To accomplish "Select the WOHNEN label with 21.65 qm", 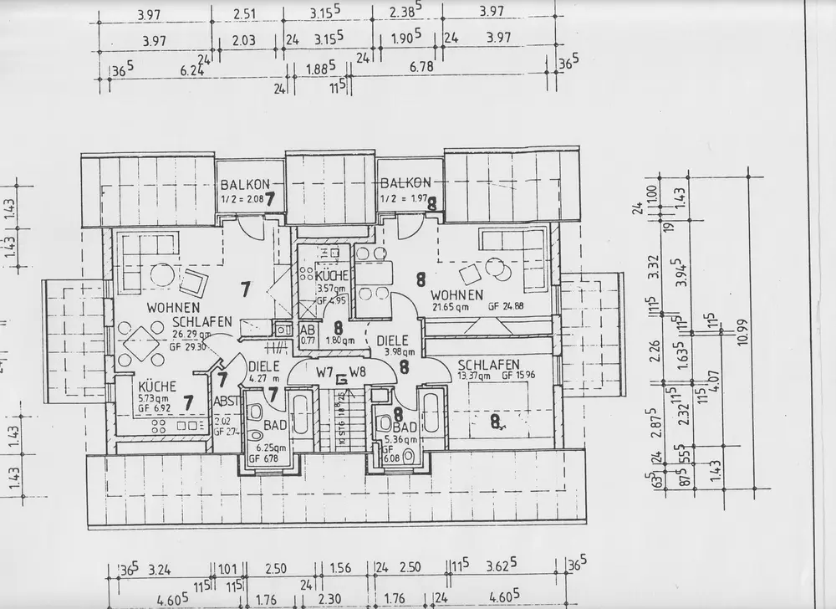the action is click(x=456, y=295).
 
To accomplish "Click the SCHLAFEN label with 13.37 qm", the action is click(x=488, y=364).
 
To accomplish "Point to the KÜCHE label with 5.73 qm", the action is click(x=156, y=386).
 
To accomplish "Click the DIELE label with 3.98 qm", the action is click(x=392, y=341).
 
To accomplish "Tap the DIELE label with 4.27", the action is click(x=263, y=366).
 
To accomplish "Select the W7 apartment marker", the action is click(x=326, y=371).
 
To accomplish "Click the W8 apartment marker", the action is click(x=358, y=371).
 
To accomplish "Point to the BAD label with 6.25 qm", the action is click(x=275, y=426).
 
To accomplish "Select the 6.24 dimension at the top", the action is click(x=169, y=71).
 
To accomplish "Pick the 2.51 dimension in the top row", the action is click(x=244, y=13).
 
